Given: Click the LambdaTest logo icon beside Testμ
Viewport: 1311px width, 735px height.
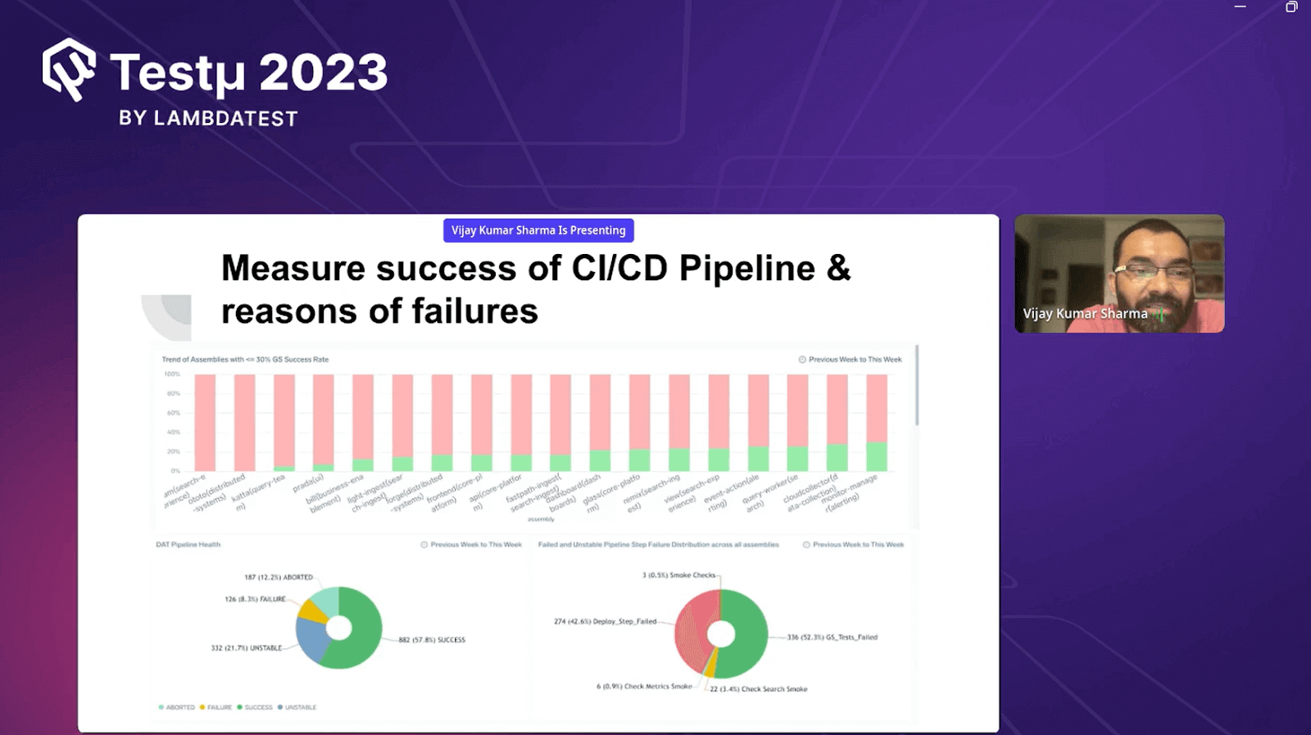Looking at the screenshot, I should tap(69, 70).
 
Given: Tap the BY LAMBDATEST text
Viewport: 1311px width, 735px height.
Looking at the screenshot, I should tap(208, 119).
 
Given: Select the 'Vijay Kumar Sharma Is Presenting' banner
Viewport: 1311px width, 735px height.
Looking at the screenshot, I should tap(538, 230).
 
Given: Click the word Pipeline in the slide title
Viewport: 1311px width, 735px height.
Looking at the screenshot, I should tap(746, 269).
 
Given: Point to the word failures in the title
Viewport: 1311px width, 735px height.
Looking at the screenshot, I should tap(474, 311).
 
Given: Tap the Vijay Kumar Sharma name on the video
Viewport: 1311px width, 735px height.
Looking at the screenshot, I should tap(1085, 314).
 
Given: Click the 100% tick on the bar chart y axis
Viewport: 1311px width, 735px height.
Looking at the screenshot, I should tap(172, 374).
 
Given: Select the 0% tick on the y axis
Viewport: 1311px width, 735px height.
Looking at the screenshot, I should tap(175, 471).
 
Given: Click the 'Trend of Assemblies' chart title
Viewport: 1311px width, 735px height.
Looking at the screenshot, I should tap(245, 360).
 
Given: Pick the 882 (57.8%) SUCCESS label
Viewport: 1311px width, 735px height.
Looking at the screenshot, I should tap(432, 640).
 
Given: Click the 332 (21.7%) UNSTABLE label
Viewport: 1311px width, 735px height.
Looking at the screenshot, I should tap(247, 648).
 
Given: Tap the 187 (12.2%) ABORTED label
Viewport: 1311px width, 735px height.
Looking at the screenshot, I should tap(279, 578).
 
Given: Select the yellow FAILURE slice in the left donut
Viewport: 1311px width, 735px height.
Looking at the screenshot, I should tap(311, 610).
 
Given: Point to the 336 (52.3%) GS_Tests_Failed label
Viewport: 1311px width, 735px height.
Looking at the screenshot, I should tap(832, 637).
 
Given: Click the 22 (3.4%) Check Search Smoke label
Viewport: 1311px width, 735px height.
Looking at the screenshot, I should tap(758, 689).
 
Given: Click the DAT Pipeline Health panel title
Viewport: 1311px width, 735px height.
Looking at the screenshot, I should tap(188, 545).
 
